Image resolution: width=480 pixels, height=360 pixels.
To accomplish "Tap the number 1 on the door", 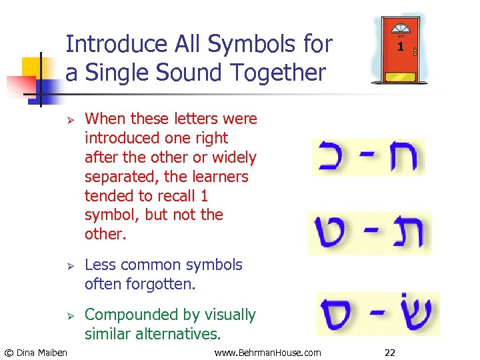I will pyautogui.click(x=400, y=47).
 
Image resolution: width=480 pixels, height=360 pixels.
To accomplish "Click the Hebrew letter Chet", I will pyautogui.click(x=402, y=157).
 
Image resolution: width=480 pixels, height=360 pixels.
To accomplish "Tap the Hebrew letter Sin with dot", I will pyautogui.click(x=413, y=312).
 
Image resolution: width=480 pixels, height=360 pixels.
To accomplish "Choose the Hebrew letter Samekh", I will pyautogui.click(x=340, y=315).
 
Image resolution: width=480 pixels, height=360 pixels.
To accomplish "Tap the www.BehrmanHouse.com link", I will pyautogui.click(x=267, y=352).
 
